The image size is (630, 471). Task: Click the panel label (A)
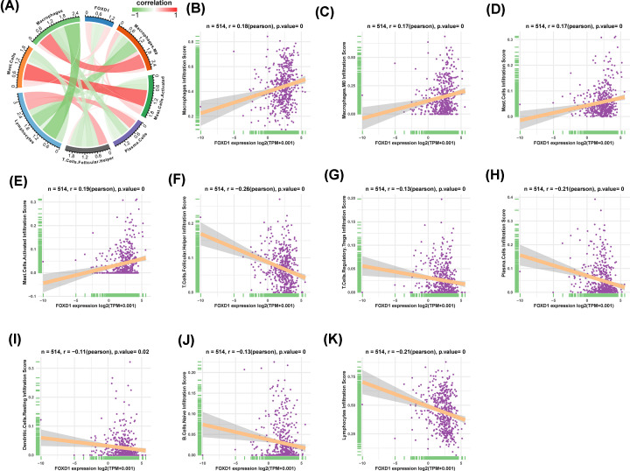click(x=14, y=8)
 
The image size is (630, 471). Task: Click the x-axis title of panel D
click(x=571, y=139)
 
